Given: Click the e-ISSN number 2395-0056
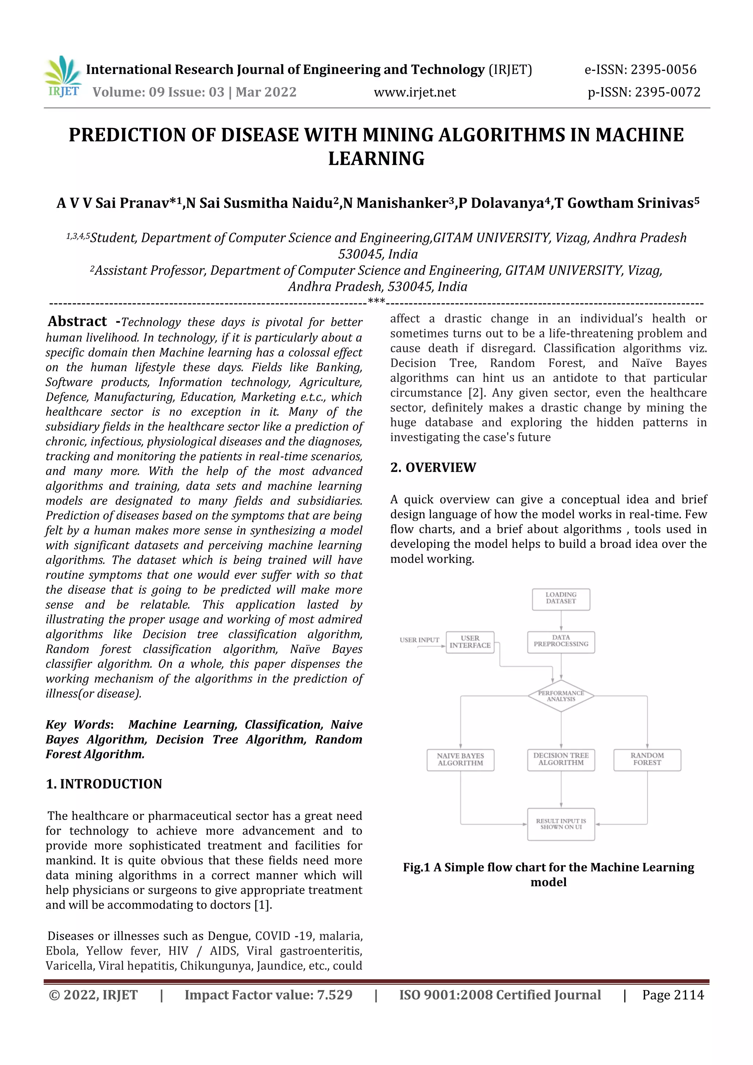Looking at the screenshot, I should click(663, 69).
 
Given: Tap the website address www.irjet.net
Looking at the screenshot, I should click(415, 92).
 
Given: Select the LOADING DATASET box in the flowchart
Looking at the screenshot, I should click(561, 599).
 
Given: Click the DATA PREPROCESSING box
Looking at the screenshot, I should click(561, 641).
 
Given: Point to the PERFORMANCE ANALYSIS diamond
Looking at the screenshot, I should click(561, 696).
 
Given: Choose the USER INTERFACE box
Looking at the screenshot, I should click(470, 642).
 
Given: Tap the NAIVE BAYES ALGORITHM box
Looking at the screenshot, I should click(460, 760).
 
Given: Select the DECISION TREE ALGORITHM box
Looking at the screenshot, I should click(561, 760).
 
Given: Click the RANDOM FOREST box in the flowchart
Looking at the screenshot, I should click(647, 760).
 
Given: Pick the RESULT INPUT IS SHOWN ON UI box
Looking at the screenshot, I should click(561, 824).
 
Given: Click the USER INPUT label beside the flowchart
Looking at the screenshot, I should click(419, 640).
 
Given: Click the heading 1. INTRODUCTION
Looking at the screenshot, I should click(104, 784).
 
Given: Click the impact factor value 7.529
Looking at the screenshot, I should click(335, 994).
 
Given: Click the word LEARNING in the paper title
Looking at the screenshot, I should click(376, 159).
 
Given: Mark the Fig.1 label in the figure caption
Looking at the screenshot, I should click(416, 867).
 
